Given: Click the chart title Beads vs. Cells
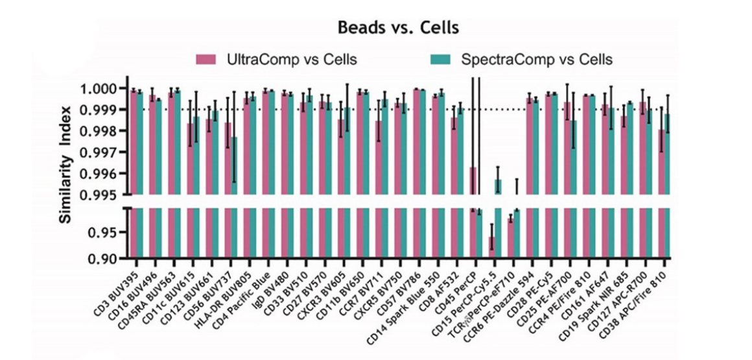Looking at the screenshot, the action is [x=398, y=27].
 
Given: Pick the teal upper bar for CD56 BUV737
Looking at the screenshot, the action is [x=234, y=165].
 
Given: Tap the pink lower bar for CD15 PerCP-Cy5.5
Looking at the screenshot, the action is [x=491, y=248].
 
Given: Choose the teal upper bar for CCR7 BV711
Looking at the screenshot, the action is [x=384, y=147].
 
